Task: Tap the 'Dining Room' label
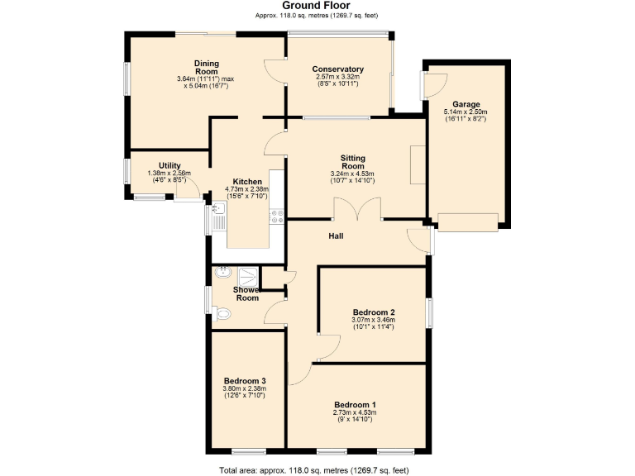point(206,67)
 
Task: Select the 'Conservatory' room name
point(338,69)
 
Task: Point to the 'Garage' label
point(466,104)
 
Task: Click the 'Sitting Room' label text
point(353,162)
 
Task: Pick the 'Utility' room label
point(169,166)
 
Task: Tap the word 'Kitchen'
point(247,182)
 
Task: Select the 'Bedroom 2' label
point(374,312)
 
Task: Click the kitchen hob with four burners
point(277,217)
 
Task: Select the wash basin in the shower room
point(222,274)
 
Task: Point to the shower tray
point(248,276)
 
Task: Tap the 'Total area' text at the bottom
point(314,470)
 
